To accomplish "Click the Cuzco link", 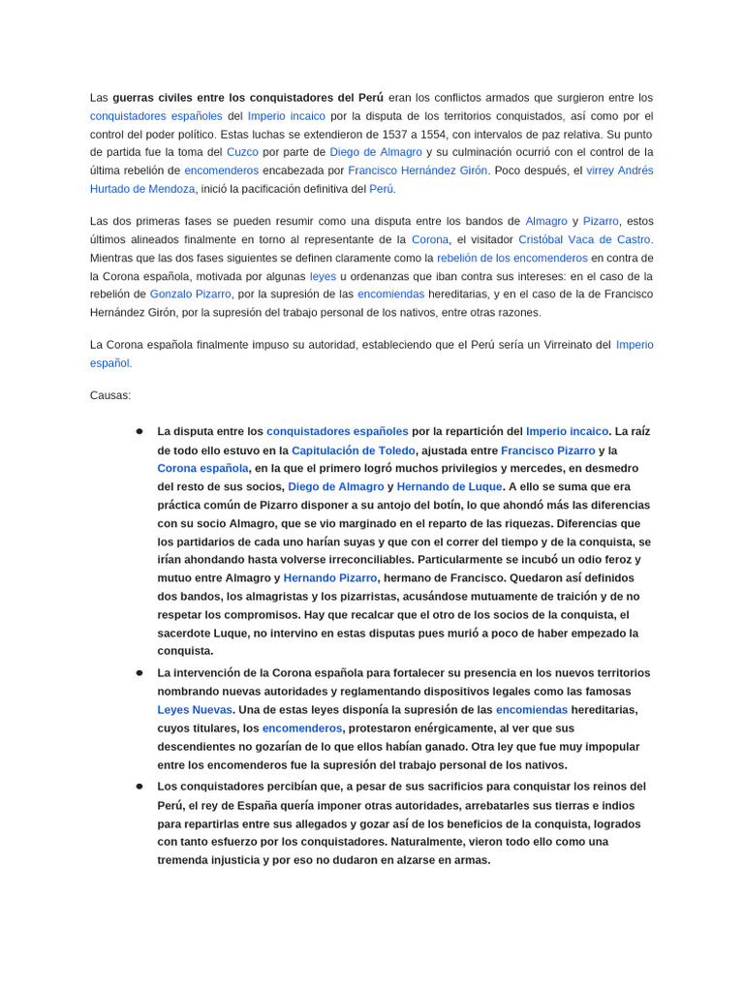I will click(241, 152).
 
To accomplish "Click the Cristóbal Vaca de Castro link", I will click(584, 239).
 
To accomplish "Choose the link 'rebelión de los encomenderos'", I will click(511, 258).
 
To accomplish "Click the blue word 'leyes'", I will click(323, 276).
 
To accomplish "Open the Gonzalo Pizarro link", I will click(190, 294).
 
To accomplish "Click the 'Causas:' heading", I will click(110, 395).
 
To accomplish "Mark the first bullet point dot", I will click(139, 432).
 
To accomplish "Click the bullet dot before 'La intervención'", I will click(139, 672).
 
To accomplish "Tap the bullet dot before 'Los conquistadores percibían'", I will click(139, 787).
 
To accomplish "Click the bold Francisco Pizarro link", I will click(548, 450).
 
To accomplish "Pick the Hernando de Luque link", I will click(449, 486).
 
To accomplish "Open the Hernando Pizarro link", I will click(330, 577).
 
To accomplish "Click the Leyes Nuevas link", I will click(195, 709).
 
